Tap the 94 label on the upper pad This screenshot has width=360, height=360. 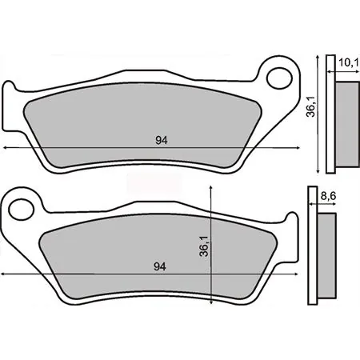point(161,141)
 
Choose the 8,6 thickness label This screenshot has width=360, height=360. point(327,194)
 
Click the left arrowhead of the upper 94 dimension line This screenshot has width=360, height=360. point(6,149)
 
